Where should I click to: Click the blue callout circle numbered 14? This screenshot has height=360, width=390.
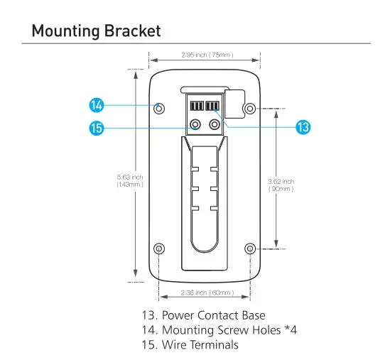coord(96,105)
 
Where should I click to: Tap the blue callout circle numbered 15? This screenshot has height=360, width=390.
coord(96,128)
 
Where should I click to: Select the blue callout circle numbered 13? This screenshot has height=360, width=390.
coord(303,127)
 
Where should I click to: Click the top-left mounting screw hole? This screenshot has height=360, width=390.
coord(159,109)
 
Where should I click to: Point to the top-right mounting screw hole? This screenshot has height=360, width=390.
coord(250,109)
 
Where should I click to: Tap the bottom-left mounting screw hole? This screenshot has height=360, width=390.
coord(159,249)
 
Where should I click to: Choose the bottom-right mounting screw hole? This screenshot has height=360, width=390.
coord(250,249)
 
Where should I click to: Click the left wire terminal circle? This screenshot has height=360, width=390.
coord(195,124)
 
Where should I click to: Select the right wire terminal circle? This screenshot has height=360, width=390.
coord(215,124)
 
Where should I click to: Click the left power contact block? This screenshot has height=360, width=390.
coord(197,106)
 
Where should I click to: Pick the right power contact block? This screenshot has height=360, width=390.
coord(212,106)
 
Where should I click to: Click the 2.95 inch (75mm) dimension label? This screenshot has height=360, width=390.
coord(207,55)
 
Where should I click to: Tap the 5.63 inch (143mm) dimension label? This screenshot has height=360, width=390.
coord(130,181)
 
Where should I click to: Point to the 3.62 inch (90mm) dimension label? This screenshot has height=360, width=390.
coord(281,185)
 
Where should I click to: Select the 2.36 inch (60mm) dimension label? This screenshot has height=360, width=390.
coord(207,293)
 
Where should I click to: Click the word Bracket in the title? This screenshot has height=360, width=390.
coord(132,31)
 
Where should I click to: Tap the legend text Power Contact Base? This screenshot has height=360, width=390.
coord(213,315)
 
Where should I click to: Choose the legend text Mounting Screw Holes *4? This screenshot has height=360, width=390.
coord(229,330)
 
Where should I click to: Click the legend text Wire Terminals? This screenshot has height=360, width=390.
coord(200,345)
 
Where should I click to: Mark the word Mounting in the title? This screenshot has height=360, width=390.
coord(66,31)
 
